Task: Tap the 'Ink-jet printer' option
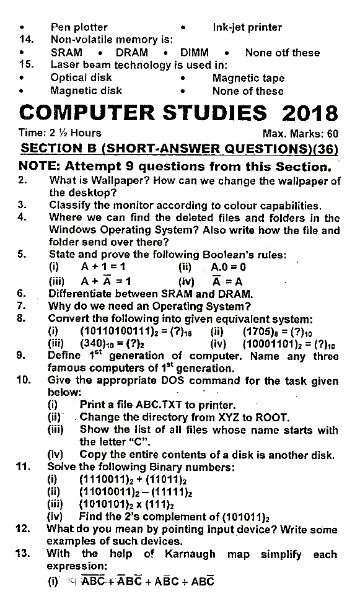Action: [x=247, y=27]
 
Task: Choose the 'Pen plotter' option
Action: [x=79, y=27]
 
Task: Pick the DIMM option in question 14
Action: [x=194, y=53]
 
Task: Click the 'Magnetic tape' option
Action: [x=248, y=78]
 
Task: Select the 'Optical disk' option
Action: [x=81, y=78]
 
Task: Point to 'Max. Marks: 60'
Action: [x=300, y=133]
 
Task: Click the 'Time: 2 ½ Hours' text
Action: [x=60, y=133]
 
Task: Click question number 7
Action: [x=22, y=306]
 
